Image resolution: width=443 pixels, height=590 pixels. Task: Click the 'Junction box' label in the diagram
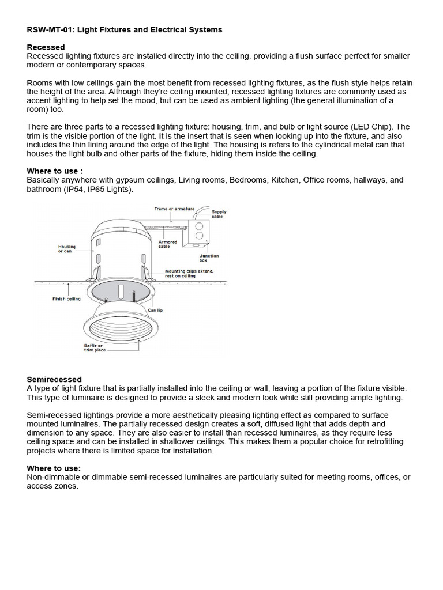[209, 258]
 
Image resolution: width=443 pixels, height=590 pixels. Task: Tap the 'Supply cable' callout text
[219, 214]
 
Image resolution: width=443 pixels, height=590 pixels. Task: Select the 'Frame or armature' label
[174, 209]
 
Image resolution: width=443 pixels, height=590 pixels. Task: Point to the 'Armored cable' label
[168, 244]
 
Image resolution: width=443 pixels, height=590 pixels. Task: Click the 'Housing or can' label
[67, 249]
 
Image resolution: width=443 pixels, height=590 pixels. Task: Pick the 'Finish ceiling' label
[67, 298]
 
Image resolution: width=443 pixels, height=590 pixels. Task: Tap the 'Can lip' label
[156, 310]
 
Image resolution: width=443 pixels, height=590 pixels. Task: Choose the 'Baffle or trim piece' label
[94, 348]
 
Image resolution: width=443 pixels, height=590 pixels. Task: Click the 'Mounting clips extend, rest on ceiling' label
[188, 273]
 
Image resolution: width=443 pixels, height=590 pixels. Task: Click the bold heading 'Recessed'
[46, 47]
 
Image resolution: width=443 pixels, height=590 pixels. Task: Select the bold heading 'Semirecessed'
[54, 379]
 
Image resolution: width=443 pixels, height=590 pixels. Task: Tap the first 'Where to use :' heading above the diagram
[55, 171]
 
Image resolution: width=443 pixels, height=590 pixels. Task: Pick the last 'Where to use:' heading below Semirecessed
[54, 468]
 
